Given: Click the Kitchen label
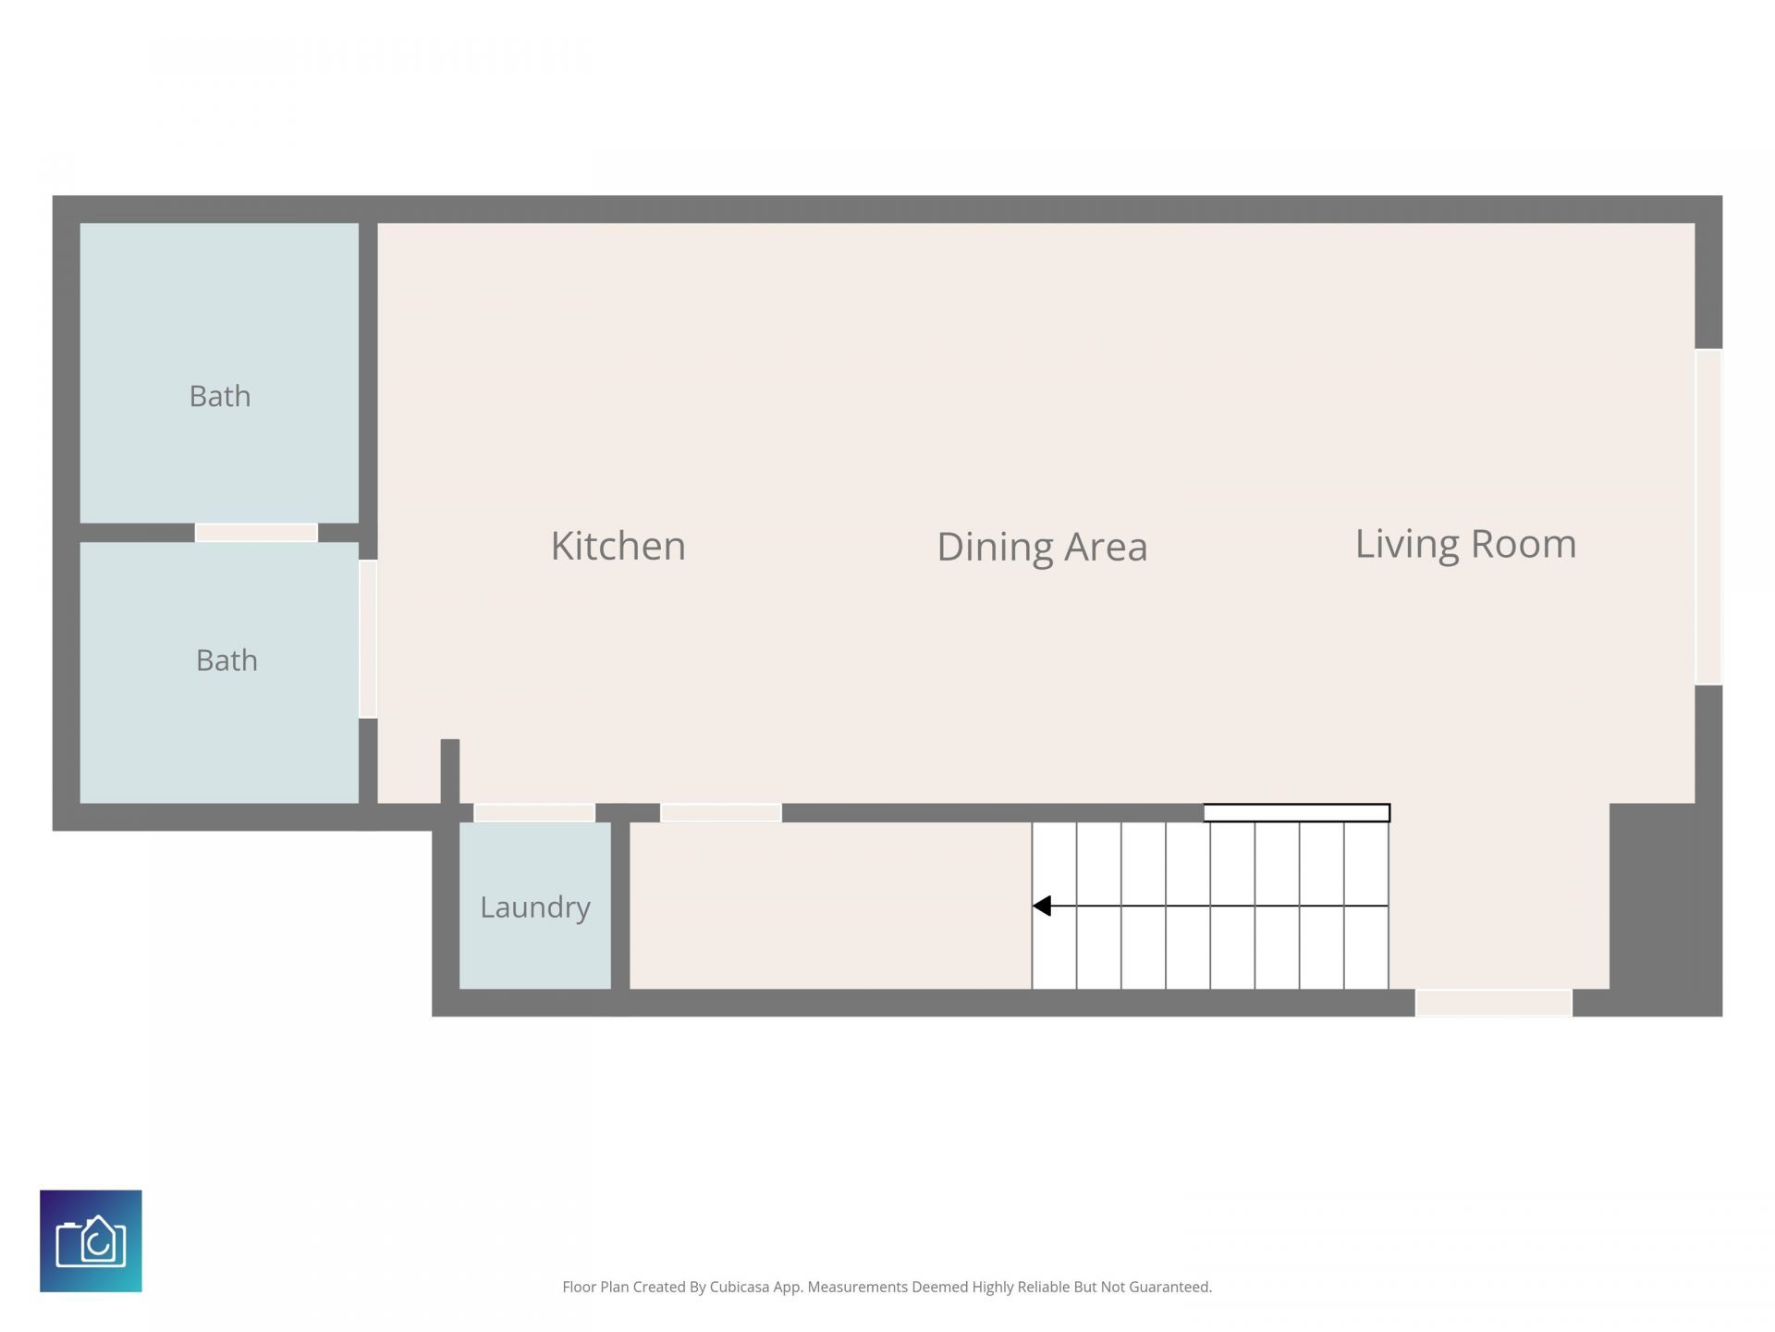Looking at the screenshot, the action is pos(618,546).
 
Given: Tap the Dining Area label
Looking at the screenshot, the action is pos(1042,547).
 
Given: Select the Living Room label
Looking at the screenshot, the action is pos(1465,544).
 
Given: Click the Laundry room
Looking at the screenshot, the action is pos(535,906).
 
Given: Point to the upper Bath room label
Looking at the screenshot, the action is pos(220,396).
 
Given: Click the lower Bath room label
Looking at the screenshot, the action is pos(226,660).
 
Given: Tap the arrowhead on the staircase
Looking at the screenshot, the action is pos(1042,906).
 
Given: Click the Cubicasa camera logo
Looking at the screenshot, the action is pos(91,1240).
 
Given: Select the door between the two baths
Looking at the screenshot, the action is pos(256,533).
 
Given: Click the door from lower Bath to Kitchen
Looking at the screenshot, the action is pos(368,638).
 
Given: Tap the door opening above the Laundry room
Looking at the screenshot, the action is pos(534,813).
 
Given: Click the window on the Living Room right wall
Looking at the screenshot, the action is pos(1708,517).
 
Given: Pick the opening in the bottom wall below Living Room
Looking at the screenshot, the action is pos(1494,1003).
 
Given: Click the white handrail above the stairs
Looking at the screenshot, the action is pos(1296,813).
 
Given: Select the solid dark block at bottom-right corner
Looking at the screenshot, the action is pos(1666,910).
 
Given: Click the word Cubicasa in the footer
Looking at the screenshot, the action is pos(740,1287).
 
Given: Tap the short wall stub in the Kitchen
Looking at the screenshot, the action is pos(450,771).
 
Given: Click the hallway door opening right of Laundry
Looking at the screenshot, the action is pos(721,813).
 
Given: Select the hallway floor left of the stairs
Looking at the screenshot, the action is pos(830,906).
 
